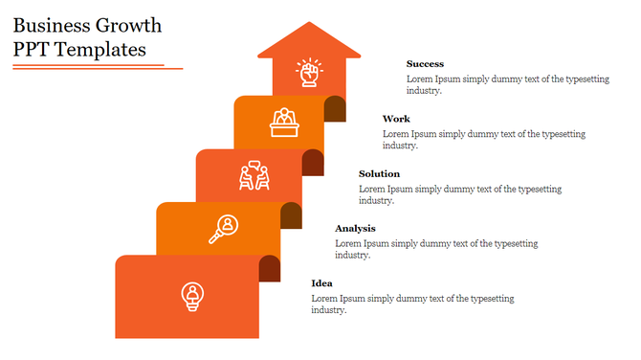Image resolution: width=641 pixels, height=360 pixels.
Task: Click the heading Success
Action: (425, 64)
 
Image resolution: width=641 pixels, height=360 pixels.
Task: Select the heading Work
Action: (396, 119)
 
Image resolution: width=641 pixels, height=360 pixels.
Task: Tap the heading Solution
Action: (379, 173)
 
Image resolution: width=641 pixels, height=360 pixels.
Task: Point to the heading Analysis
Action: (355, 228)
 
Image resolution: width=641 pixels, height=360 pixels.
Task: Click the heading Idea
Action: (322, 283)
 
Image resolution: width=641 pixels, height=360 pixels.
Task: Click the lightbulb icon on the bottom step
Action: (192, 296)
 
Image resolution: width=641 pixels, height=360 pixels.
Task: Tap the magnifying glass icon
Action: (225, 229)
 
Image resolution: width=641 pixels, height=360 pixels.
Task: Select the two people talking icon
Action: (254, 175)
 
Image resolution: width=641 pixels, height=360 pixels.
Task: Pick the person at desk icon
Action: (284, 122)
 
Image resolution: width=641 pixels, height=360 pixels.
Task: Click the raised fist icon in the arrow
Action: (309, 73)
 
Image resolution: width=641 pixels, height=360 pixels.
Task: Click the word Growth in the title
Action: (128, 26)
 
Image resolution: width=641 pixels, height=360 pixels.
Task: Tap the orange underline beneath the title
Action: (91, 67)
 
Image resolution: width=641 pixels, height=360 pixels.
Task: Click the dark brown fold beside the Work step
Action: (335, 109)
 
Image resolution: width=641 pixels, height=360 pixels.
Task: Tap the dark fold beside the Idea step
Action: (270, 269)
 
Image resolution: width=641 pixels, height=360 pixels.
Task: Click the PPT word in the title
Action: (31, 50)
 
